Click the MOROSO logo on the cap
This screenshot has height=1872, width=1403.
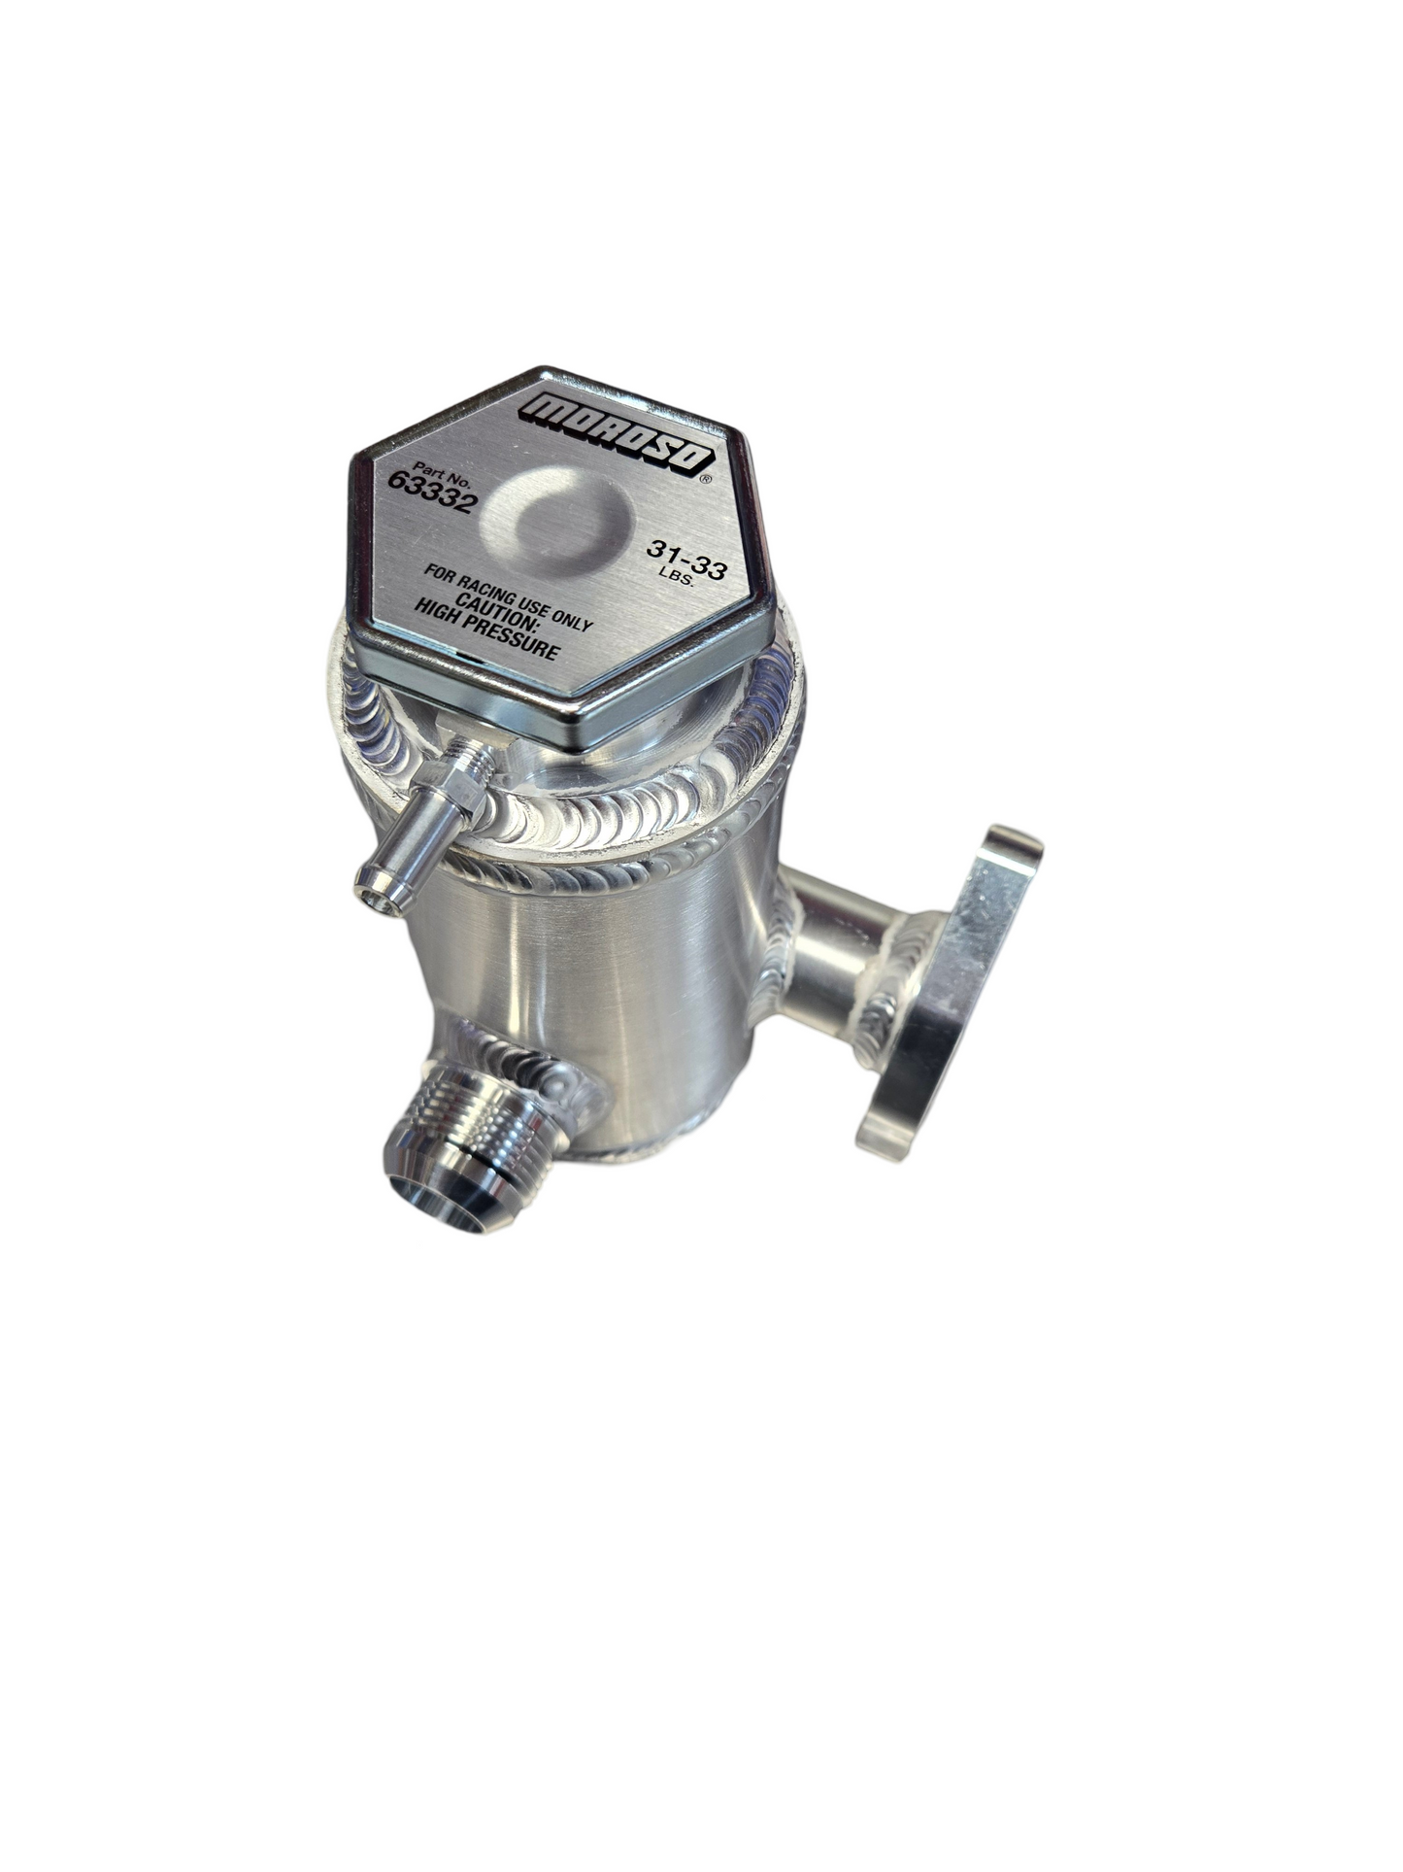(617, 434)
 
